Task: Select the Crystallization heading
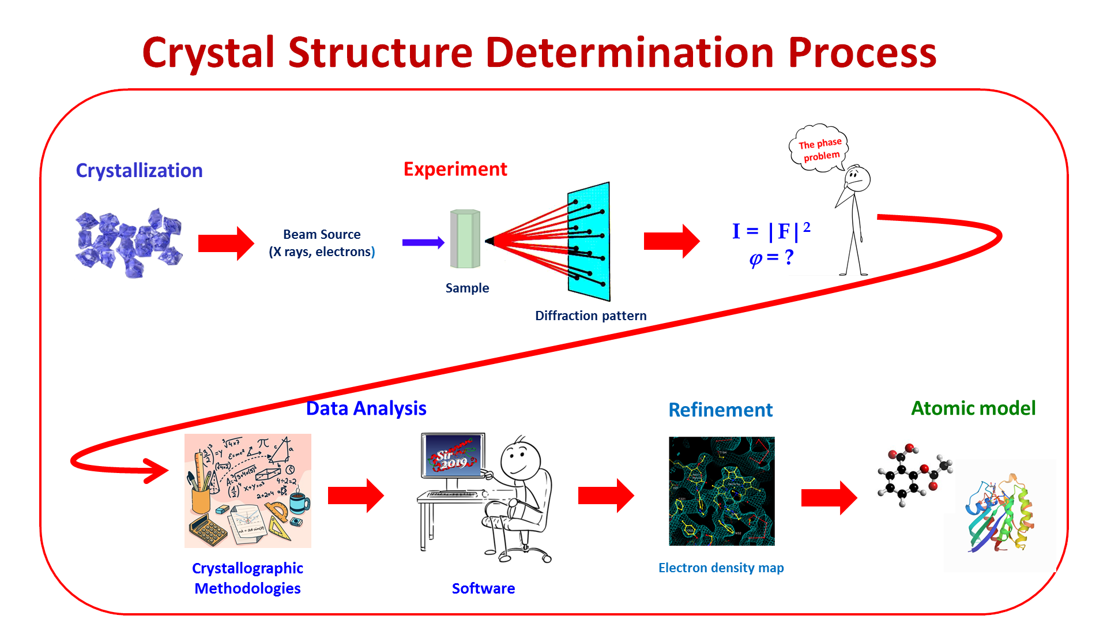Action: point(139,171)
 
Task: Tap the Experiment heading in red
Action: point(455,169)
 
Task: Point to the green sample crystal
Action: point(465,239)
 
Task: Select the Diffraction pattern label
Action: point(590,316)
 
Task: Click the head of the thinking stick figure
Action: point(857,178)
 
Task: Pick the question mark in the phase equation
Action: point(789,257)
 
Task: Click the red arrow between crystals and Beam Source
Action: point(225,243)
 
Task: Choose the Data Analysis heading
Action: point(366,408)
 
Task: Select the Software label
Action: point(483,588)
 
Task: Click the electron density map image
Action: point(721,491)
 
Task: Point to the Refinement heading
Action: point(720,410)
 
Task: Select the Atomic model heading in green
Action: point(973,408)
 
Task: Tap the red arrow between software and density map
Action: point(606,496)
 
